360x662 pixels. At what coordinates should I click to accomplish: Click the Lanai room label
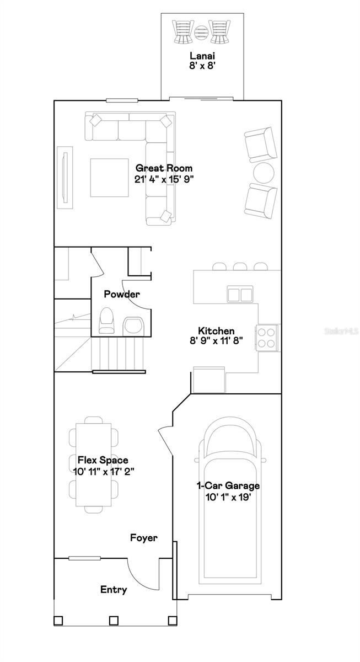pyautogui.click(x=202, y=56)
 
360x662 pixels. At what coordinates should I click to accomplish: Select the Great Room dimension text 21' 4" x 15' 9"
pyautogui.click(x=164, y=179)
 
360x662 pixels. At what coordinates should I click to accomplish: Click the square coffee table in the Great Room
pyautogui.click(x=109, y=178)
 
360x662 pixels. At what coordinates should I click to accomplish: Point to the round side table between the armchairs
pyautogui.click(x=264, y=173)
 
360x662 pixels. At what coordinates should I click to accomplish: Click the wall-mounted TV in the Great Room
pyautogui.click(x=65, y=178)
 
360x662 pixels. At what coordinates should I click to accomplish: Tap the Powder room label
pyautogui.click(x=122, y=294)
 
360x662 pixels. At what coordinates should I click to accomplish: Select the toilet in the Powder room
pyautogui.click(x=106, y=320)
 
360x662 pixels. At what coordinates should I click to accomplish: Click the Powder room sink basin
pyautogui.click(x=133, y=326)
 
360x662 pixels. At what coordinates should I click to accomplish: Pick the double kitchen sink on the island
pyautogui.click(x=240, y=295)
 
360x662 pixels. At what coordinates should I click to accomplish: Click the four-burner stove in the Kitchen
pyautogui.click(x=267, y=338)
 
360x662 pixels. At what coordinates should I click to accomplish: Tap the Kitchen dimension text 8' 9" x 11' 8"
pyautogui.click(x=216, y=341)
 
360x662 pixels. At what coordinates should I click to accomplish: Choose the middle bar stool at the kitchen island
pyautogui.click(x=240, y=266)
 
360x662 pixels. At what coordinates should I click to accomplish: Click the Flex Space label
pyautogui.click(x=103, y=460)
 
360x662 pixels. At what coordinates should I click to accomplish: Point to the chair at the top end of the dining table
pyautogui.click(x=94, y=420)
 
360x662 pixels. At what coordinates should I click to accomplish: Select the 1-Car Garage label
pyautogui.click(x=228, y=485)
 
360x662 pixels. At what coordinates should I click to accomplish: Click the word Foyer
pyautogui.click(x=144, y=537)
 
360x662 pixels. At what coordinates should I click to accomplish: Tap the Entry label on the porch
pyautogui.click(x=114, y=590)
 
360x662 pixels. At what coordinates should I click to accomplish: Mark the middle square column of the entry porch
pyautogui.click(x=114, y=620)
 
